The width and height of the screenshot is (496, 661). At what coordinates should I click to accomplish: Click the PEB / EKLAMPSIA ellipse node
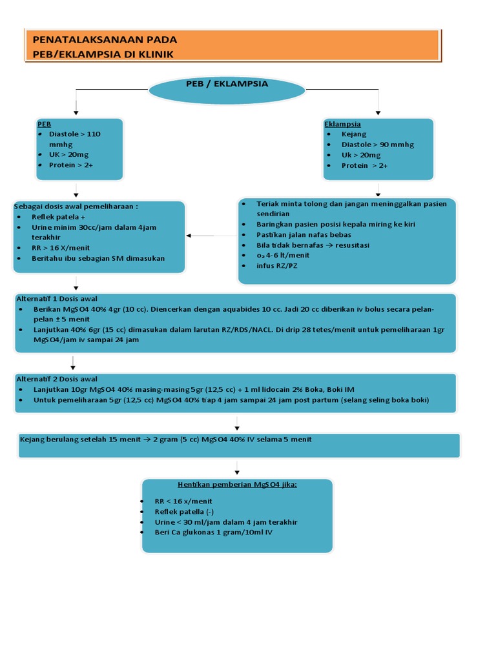[x=227, y=90]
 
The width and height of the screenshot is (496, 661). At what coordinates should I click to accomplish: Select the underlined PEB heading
[x=44, y=124]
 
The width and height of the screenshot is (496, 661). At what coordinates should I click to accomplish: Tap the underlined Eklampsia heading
[x=342, y=124]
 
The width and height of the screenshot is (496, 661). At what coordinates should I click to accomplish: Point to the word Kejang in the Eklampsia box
[x=354, y=134]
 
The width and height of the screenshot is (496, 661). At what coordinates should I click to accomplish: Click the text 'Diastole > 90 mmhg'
[x=378, y=145]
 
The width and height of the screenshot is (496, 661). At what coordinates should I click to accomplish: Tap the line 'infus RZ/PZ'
[x=277, y=265]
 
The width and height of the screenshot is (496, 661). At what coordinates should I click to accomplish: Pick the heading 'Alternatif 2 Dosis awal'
[x=57, y=379]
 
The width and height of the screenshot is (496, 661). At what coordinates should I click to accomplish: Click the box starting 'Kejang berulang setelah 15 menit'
[x=239, y=445]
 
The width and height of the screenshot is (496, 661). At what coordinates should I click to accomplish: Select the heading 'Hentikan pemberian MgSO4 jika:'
[x=237, y=484]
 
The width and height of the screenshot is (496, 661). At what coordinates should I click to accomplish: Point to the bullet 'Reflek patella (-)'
[x=180, y=511]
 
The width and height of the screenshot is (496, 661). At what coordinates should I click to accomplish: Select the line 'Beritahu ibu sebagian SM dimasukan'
[x=98, y=258]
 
